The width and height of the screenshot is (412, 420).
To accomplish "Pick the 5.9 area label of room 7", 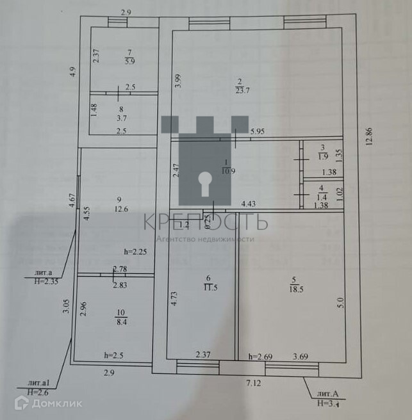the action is pos(130,61).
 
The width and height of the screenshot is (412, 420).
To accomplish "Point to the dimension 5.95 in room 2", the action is pos(258,132).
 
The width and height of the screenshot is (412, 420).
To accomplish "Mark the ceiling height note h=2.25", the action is pos(136,252).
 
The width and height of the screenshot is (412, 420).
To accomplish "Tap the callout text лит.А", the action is pos(323,394).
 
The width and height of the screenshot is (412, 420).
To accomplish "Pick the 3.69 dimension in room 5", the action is pos(302,357).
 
